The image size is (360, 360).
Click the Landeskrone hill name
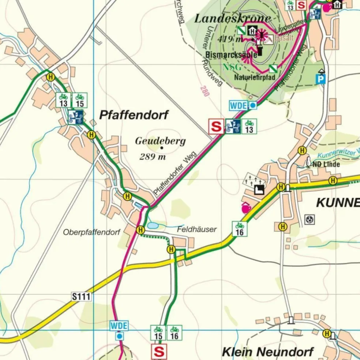(232, 19)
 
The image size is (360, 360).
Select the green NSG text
(232, 67)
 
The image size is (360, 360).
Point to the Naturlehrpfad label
(255, 77)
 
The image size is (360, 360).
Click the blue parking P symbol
(321, 79)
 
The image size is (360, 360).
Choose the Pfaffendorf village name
(134, 115)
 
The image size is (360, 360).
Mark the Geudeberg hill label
(160, 141)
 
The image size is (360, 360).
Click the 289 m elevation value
(153, 157)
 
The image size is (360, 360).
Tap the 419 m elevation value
(230, 39)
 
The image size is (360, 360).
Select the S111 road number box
(81, 296)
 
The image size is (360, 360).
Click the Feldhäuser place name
(197, 229)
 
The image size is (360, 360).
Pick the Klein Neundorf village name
(268, 352)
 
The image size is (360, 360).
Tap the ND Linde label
(326, 164)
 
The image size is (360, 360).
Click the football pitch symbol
(310, 220)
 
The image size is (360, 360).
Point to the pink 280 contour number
(205, 91)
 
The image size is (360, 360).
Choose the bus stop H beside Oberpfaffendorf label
(140, 230)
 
